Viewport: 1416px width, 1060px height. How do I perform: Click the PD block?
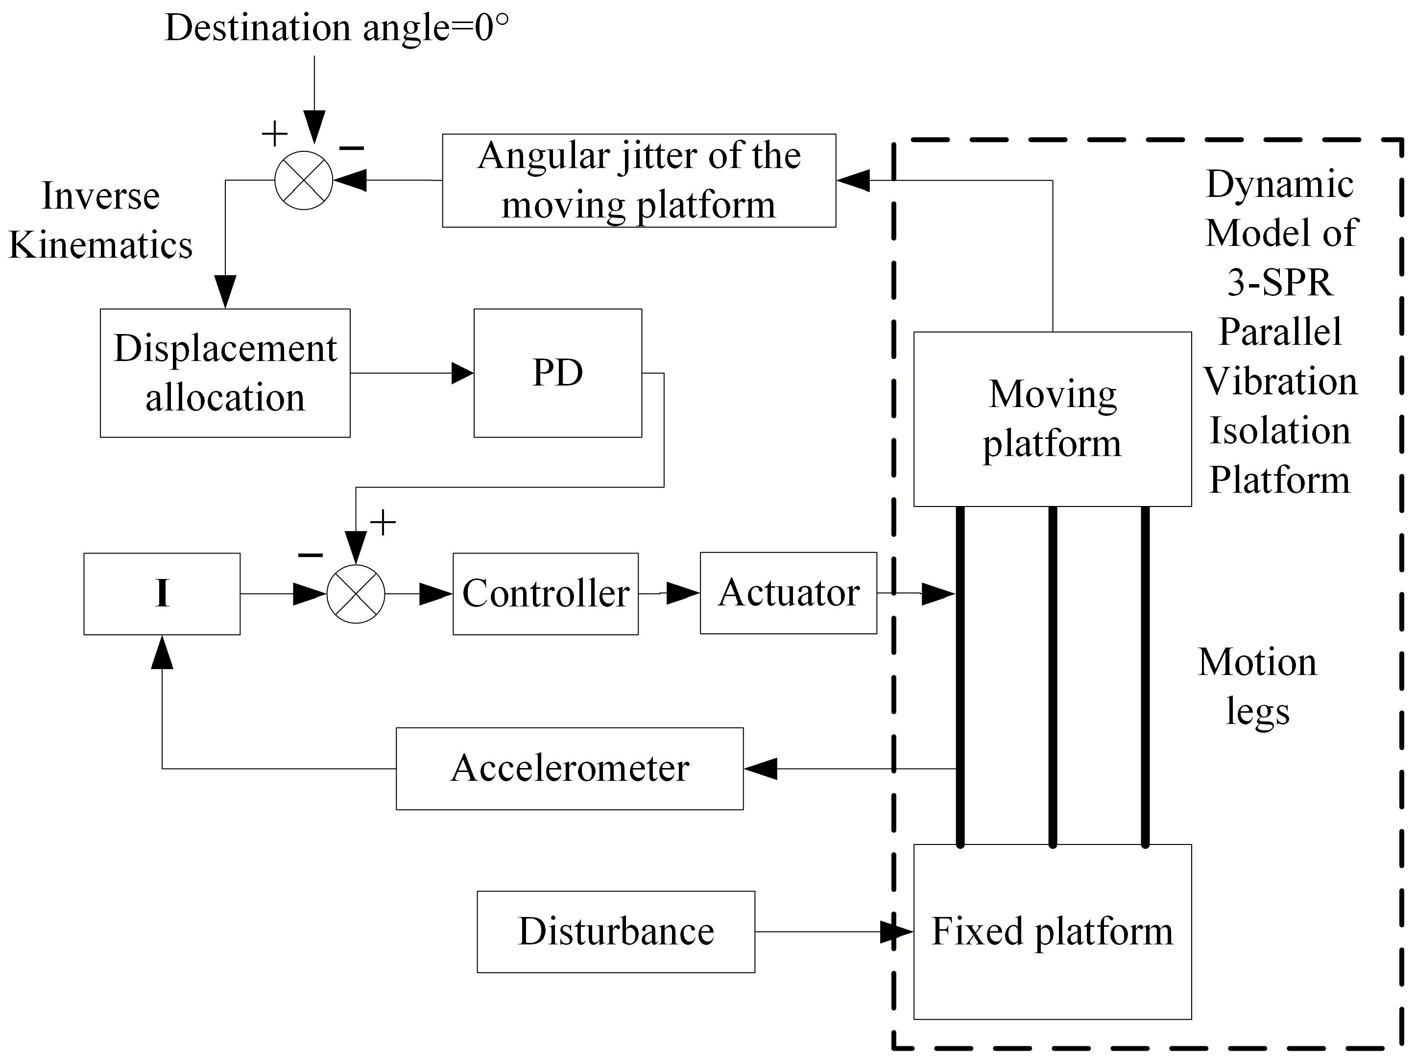[557, 373]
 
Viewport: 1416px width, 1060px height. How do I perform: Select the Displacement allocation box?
[225, 373]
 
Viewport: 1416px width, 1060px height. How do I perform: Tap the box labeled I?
[162, 594]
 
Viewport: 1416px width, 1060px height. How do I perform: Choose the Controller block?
[546, 594]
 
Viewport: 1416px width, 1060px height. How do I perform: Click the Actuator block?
[789, 593]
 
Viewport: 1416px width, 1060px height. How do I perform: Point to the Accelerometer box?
[570, 769]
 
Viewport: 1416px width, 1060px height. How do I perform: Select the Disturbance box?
[616, 932]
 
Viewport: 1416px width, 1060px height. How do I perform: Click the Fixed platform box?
[1053, 932]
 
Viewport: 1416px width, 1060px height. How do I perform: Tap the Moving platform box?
[1053, 419]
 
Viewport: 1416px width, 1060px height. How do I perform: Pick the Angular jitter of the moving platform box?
[639, 181]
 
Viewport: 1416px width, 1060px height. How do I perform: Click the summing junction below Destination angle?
[304, 181]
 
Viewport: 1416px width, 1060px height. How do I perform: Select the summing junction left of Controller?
[356, 594]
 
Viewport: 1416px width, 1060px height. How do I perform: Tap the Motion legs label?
[1257, 687]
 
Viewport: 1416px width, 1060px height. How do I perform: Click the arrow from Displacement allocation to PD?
[412, 373]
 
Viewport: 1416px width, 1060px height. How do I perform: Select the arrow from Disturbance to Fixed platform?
[834, 932]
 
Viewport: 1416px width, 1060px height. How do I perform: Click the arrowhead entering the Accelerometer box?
[761, 769]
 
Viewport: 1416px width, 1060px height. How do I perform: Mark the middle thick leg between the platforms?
[1053, 676]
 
